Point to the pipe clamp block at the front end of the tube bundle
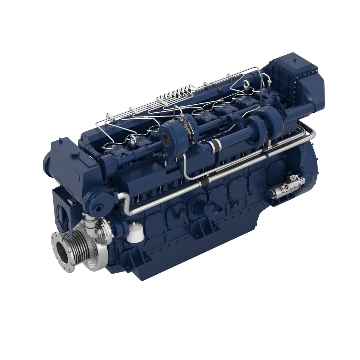pyautogui.click(x=110, y=118)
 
